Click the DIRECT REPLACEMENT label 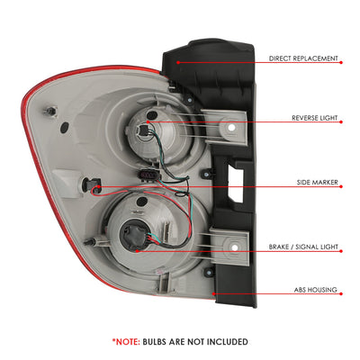303,58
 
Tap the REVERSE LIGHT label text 315,118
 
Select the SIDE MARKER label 317,183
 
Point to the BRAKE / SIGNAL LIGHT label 303,247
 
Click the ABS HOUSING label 315,290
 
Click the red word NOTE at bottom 128,342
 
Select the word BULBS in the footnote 154,342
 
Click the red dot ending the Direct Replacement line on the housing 178,62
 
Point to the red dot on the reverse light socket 148,121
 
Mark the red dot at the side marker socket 99,186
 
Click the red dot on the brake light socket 137,251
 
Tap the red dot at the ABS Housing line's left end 213,293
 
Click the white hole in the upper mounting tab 230,127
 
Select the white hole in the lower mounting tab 235,247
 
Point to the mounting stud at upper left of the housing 50,112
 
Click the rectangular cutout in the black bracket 235,183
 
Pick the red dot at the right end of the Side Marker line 341,186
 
